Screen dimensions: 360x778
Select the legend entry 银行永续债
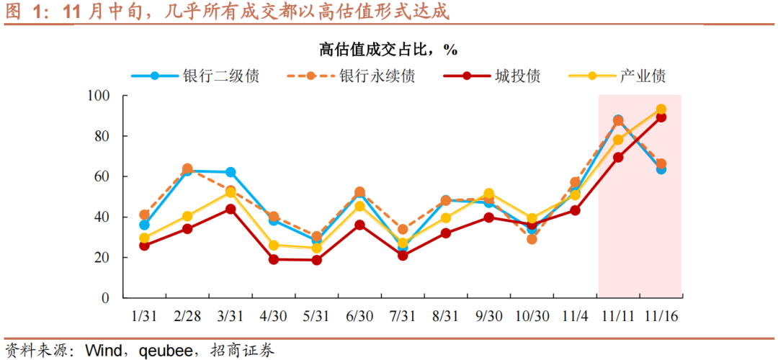[377, 76]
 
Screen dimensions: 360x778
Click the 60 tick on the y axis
[101, 176]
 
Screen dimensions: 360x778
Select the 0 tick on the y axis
[104, 298]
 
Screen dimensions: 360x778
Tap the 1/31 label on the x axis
[144, 316]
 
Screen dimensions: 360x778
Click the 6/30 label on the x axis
[359, 316]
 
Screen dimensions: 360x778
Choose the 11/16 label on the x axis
[661, 316]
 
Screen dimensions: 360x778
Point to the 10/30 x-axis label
[532, 316]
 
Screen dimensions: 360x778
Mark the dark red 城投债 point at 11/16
[661, 117]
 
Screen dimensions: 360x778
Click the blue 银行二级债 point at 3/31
[231, 172]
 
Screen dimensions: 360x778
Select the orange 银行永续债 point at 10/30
[532, 239]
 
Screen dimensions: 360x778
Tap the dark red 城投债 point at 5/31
[316, 260]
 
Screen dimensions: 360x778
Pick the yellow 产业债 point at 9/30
[488, 194]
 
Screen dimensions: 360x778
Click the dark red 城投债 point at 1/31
[144, 246]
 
